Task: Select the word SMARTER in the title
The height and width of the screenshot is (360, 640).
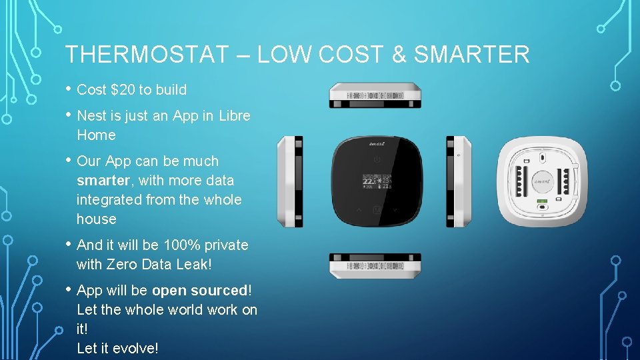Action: [x=471, y=55]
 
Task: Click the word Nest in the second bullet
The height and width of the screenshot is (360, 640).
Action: [x=91, y=115]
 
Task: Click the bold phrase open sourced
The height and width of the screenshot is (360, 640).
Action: [x=199, y=290]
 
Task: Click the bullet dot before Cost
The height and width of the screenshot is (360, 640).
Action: [x=68, y=89]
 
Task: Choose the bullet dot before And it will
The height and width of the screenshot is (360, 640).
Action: [x=68, y=245]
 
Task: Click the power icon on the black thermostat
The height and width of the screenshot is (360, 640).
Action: [x=377, y=160]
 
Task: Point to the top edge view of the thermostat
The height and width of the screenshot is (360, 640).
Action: [x=375, y=95]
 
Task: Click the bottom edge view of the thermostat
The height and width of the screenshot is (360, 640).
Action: [x=375, y=265]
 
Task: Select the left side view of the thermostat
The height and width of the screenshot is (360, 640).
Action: [x=290, y=181]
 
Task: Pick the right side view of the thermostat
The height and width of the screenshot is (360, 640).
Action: [x=459, y=181]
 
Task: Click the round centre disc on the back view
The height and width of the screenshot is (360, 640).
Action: [x=541, y=181]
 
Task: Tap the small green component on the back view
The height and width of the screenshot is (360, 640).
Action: [x=541, y=201]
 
